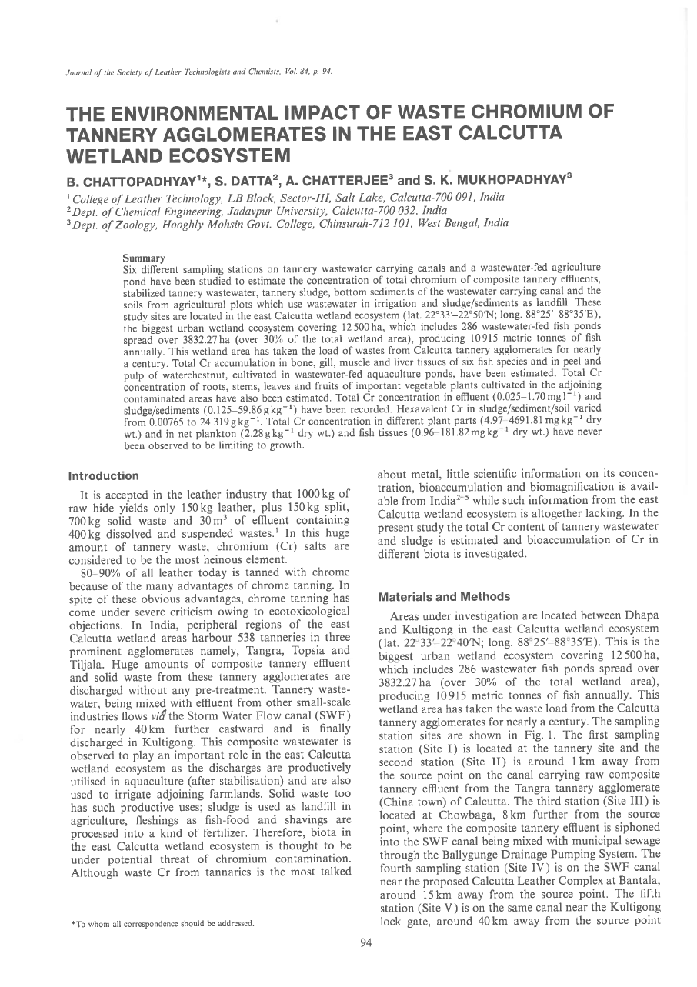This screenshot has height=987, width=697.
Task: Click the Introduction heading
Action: coord(104,476)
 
